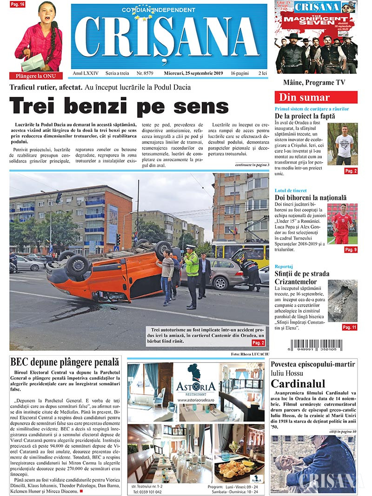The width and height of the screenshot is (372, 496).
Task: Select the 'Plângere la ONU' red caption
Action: click(x=36, y=76)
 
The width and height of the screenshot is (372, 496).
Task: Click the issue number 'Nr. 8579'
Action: click(x=145, y=74)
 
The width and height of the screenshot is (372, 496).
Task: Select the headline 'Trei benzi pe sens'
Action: click(x=119, y=106)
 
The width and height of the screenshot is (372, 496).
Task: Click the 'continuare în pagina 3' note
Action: click(x=252, y=165)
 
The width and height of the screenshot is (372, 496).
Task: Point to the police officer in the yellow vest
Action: click(x=191, y=276)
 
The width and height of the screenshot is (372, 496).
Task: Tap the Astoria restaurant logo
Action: click(x=195, y=383)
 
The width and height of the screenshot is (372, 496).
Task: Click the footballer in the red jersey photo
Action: click(x=342, y=224)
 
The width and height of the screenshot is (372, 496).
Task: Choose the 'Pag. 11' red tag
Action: click(x=350, y=327)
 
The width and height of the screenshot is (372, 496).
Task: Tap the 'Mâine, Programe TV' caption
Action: click(x=316, y=82)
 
